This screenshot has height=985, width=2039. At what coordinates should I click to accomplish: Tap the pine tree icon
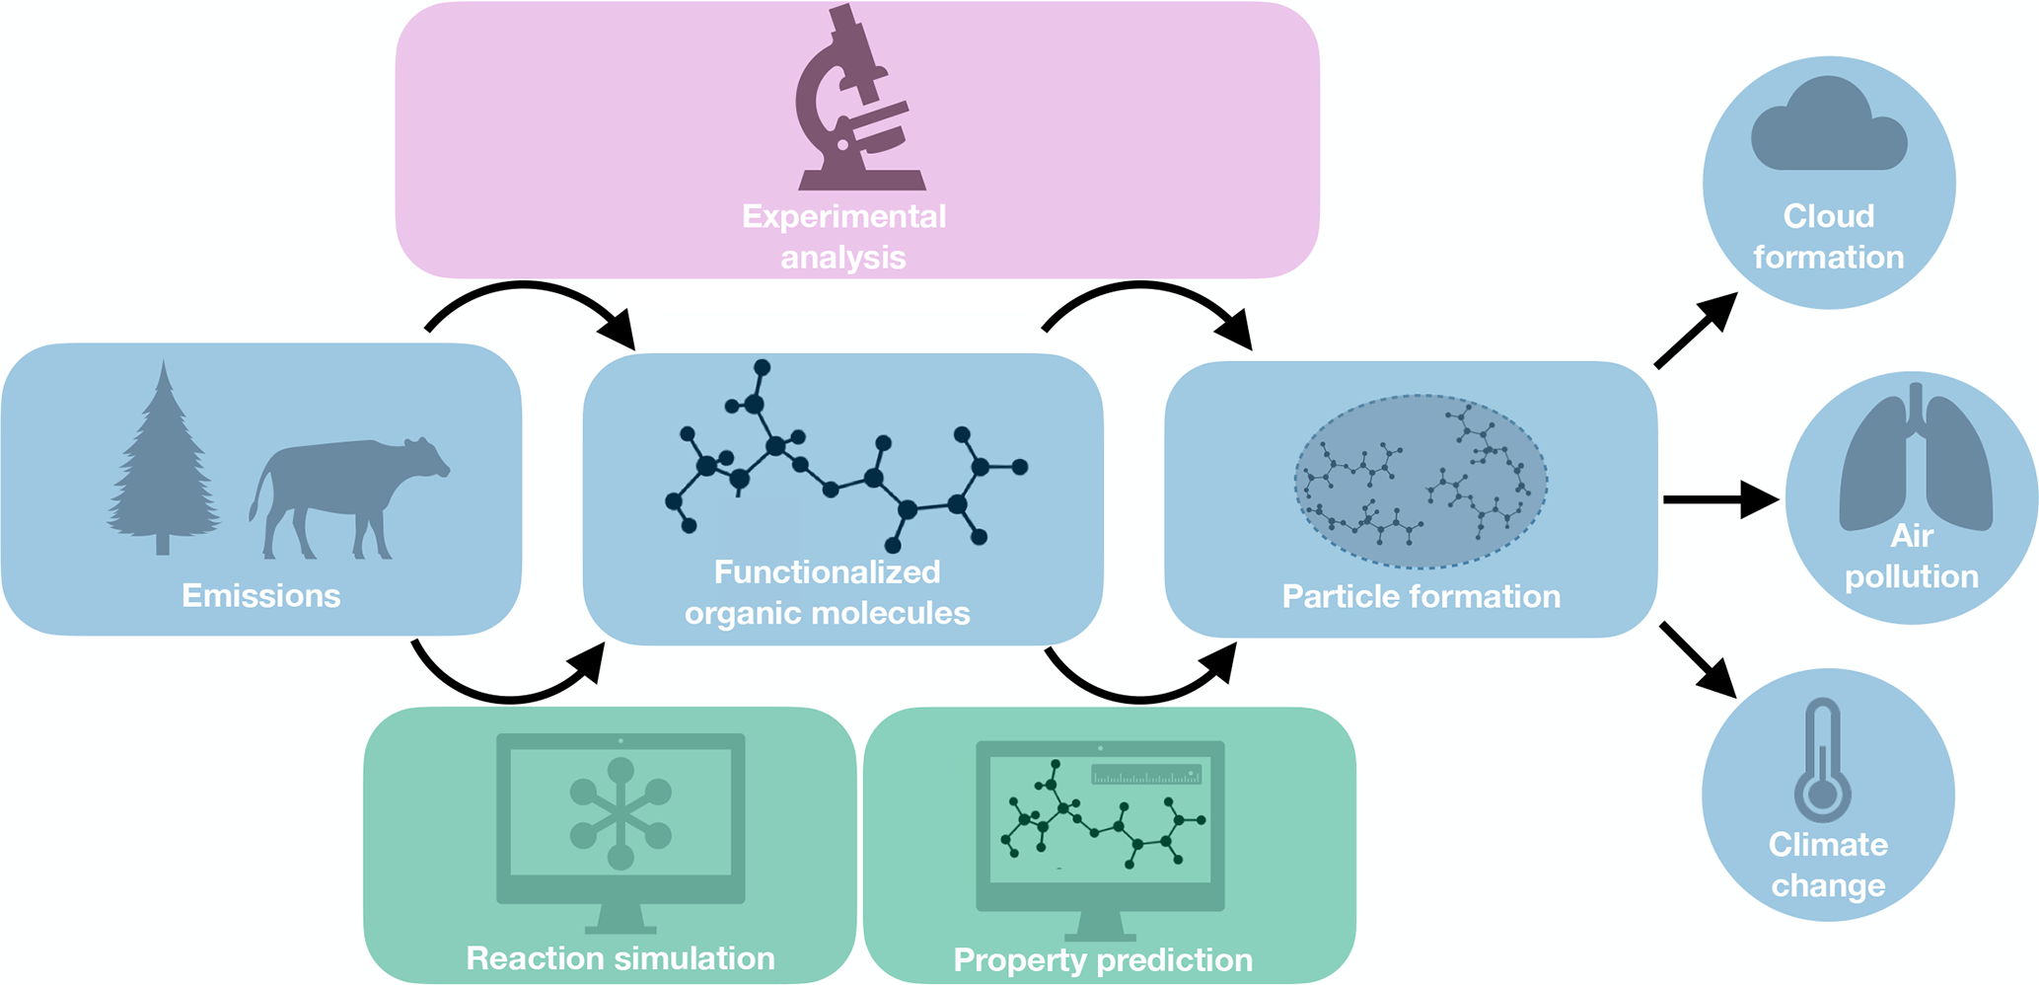pyautogui.click(x=163, y=464)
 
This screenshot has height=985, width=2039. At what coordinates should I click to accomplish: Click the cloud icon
pyautogui.click(x=1828, y=126)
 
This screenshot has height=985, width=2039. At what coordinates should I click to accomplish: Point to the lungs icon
pyautogui.click(x=1915, y=459)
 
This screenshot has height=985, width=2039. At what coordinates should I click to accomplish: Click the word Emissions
pyautogui.click(x=260, y=595)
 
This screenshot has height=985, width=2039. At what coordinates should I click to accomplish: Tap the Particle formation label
pyautogui.click(x=1420, y=596)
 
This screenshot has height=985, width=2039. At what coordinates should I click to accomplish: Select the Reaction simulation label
pyautogui.click(x=619, y=957)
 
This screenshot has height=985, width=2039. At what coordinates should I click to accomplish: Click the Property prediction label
pyautogui.click(x=1103, y=959)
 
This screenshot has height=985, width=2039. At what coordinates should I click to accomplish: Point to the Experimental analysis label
pyautogui.click(x=843, y=237)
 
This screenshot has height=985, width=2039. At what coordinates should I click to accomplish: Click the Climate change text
pyautogui.click(x=1828, y=865)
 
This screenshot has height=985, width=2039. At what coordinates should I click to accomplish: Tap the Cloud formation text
pyautogui.click(x=1828, y=237)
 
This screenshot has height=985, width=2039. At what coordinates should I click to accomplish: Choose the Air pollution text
pyautogui.click(x=1912, y=556)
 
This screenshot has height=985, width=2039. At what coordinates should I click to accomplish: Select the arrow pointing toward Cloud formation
pyautogui.click(x=1696, y=331)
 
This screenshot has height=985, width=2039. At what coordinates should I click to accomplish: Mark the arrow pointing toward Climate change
pyautogui.click(x=1698, y=659)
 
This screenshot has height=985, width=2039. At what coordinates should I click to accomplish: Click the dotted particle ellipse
pyautogui.click(x=1420, y=482)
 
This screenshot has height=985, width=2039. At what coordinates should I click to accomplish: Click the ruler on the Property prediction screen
pyautogui.click(x=1146, y=775)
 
